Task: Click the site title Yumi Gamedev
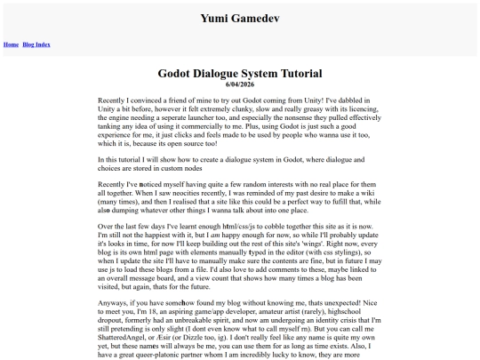(239, 17)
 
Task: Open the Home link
(12, 44)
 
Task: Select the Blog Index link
(36, 44)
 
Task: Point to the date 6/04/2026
(240, 84)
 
